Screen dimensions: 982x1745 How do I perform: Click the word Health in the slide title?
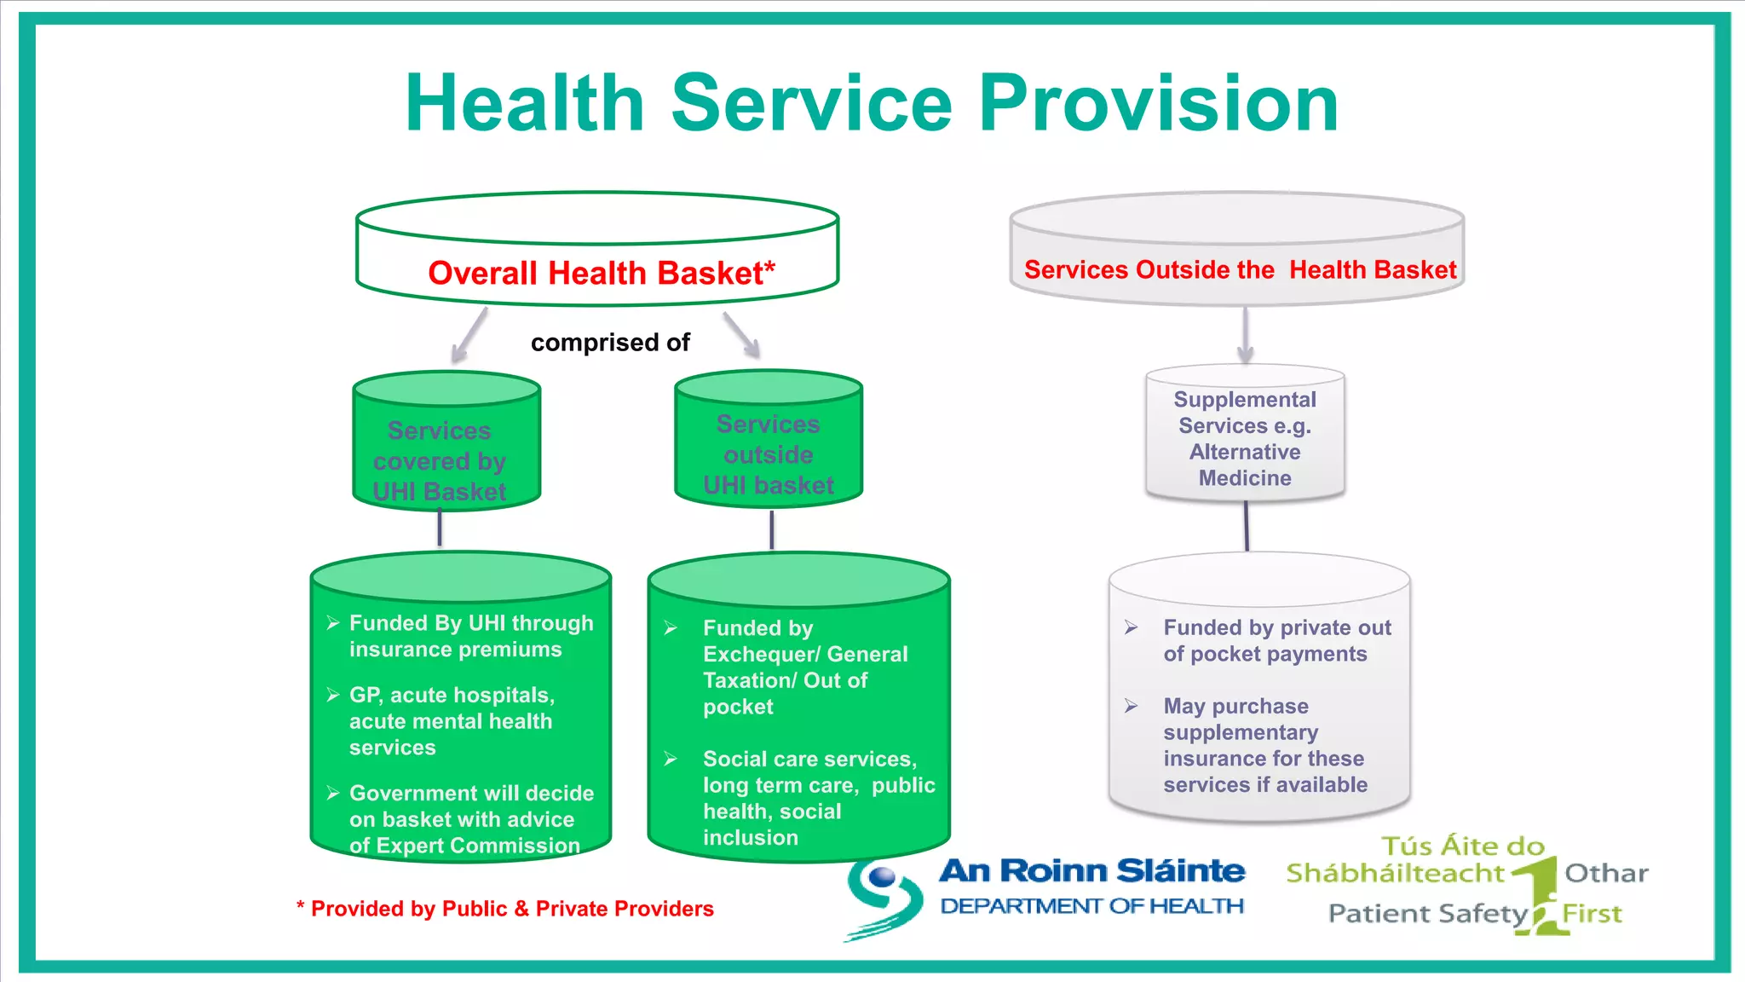pyautogui.click(x=523, y=104)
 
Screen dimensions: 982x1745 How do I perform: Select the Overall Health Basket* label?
pyautogui.click(x=601, y=273)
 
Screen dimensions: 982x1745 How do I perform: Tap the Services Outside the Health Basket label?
pyautogui.click(x=1240, y=269)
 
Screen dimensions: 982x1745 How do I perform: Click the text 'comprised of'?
pyautogui.click(x=610, y=343)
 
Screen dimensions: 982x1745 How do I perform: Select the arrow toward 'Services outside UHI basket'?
pyautogui.click(x=741, y=334)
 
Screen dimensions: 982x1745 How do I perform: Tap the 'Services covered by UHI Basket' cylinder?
pyautogui.click(x=446, y=443)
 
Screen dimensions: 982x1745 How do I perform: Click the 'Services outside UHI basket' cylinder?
pyautogui.click(x=769, y=440)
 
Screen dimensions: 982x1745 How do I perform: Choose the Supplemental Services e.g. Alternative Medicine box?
pyautogui.click(x=1245, y=436)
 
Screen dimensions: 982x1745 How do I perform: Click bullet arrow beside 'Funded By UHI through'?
pyautogui.click(x=333, y=623)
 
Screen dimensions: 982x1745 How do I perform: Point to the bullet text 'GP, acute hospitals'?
pyautogui.click(x=452, y=696)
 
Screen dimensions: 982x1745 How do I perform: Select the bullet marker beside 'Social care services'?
pyautogui.click(x=671, y=759)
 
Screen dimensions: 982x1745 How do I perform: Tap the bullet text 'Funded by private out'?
pyautogui.click(x=1276, y=628)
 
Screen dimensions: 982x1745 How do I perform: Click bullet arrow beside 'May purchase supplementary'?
pyautogui.click(x=1131, y=706)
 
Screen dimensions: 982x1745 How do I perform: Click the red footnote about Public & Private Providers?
pyautogui.click(x=505, y=909)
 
